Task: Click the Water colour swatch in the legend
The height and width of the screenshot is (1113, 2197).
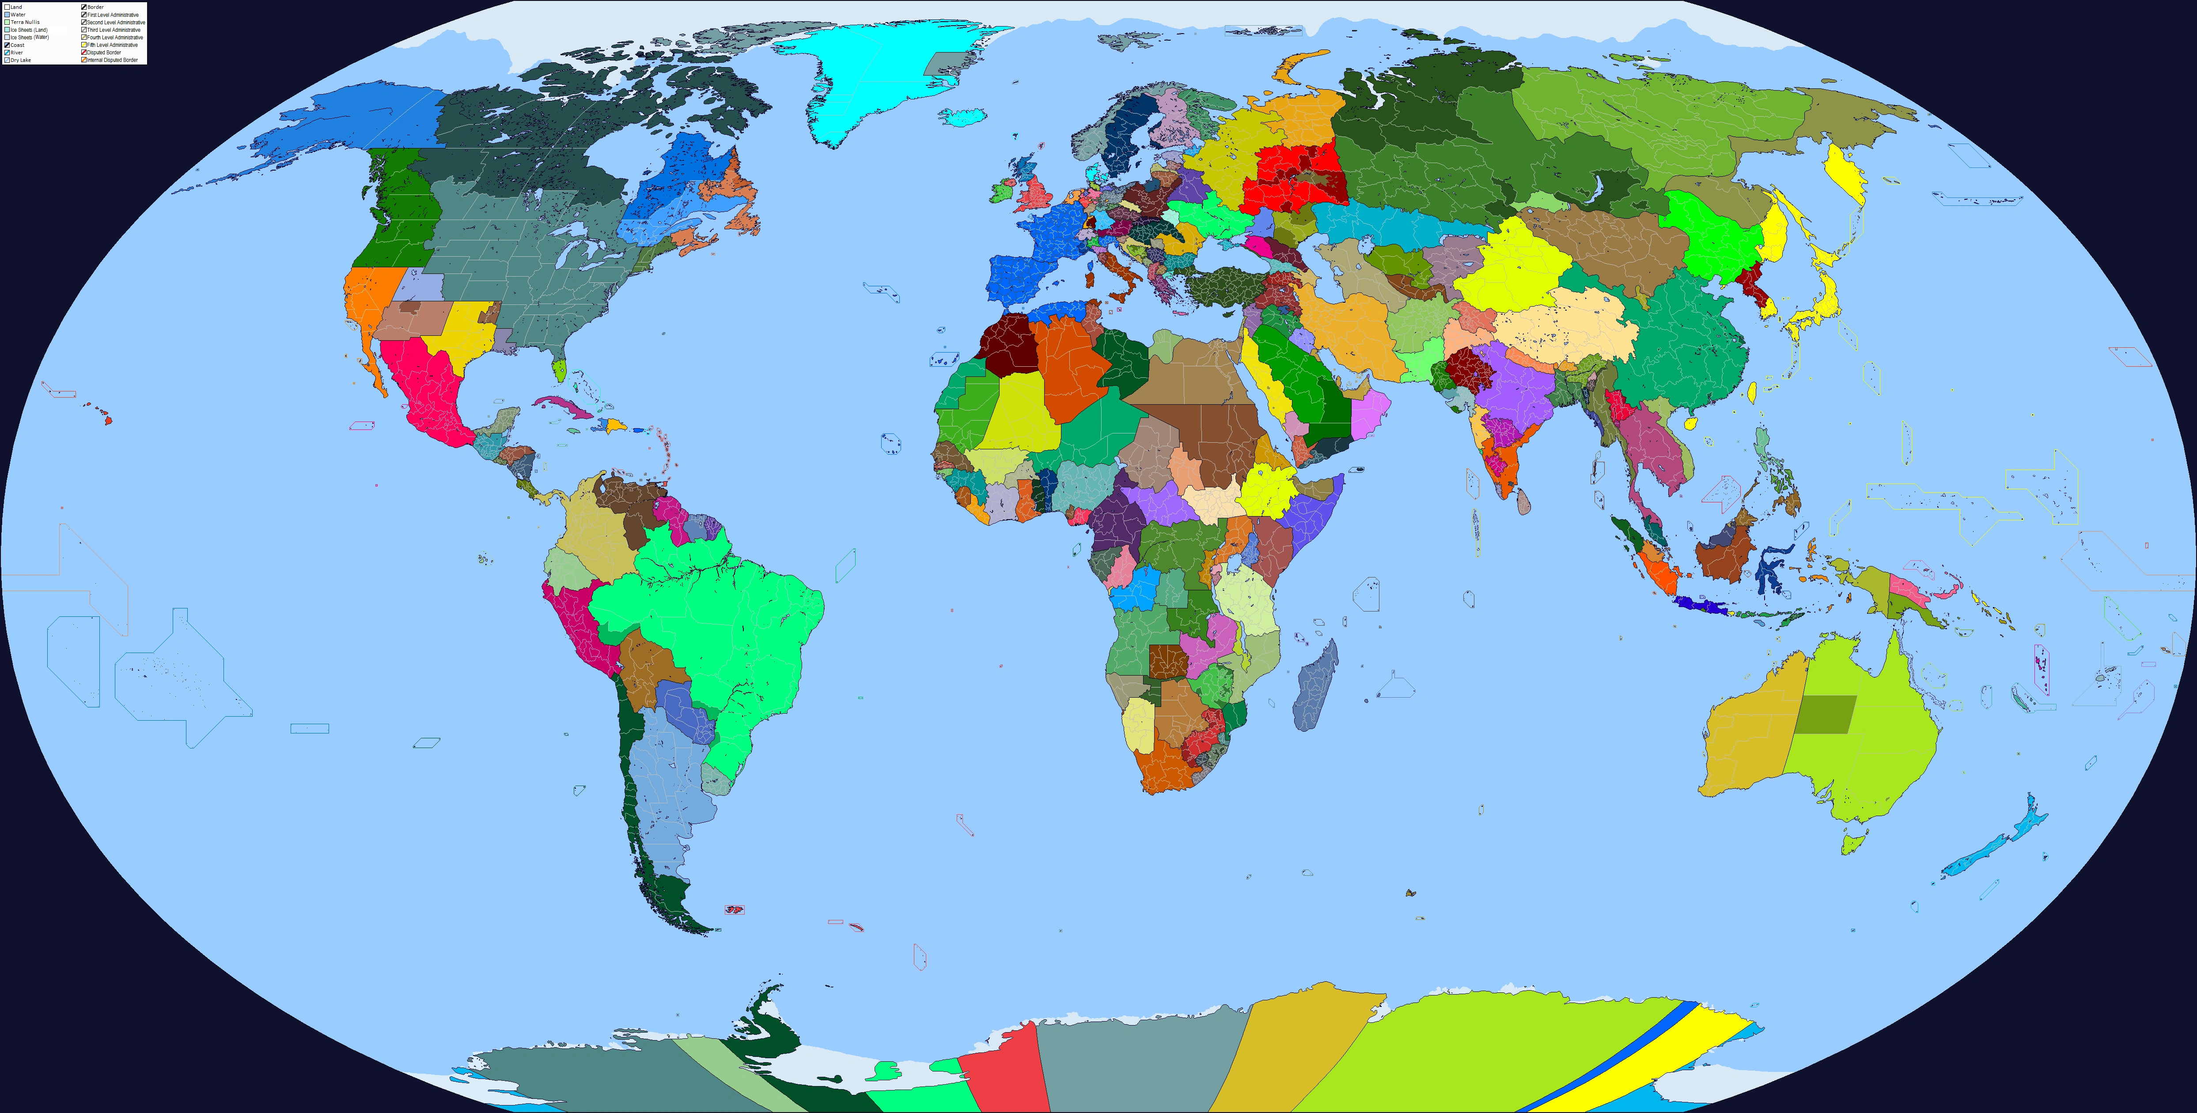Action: pos(7,15)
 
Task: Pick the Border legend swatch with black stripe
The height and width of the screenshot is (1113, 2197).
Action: pos(83,7)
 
